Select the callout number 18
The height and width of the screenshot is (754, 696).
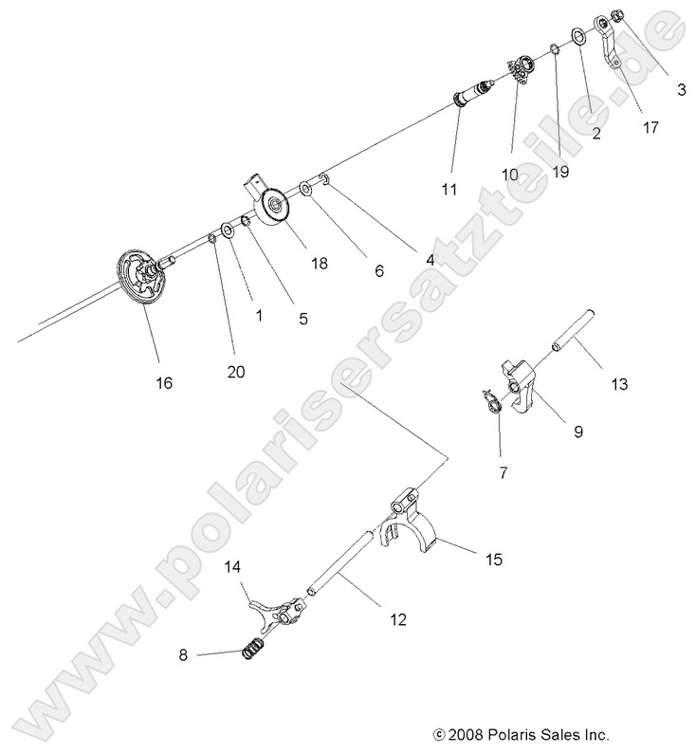click(320, 263)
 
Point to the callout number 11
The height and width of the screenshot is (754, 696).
click(449, 189)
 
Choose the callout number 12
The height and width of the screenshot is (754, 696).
click(396, 619)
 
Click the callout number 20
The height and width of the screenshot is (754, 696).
click(235, 372)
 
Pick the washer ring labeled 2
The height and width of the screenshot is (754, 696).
click(576, 38)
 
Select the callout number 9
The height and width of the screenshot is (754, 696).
click(577, 431)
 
